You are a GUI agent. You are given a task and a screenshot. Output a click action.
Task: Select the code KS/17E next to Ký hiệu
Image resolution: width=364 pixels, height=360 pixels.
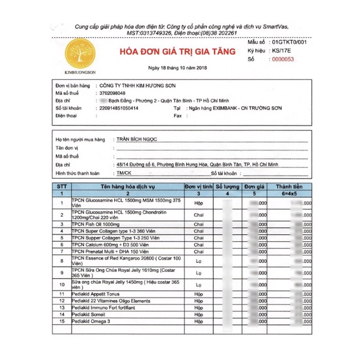click(282, 51)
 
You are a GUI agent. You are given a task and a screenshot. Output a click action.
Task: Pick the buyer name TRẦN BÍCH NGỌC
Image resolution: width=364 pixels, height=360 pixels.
click(136, 138)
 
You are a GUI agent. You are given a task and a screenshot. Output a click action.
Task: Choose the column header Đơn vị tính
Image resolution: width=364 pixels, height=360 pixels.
click(198, 186)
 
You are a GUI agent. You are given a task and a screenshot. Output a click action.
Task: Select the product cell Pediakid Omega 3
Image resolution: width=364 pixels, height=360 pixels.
click(91, 321)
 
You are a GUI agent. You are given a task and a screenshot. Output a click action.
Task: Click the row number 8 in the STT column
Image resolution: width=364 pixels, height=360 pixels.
click(62, 260)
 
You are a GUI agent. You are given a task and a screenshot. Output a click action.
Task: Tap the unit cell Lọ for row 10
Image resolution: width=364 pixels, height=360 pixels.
click(198, 273)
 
